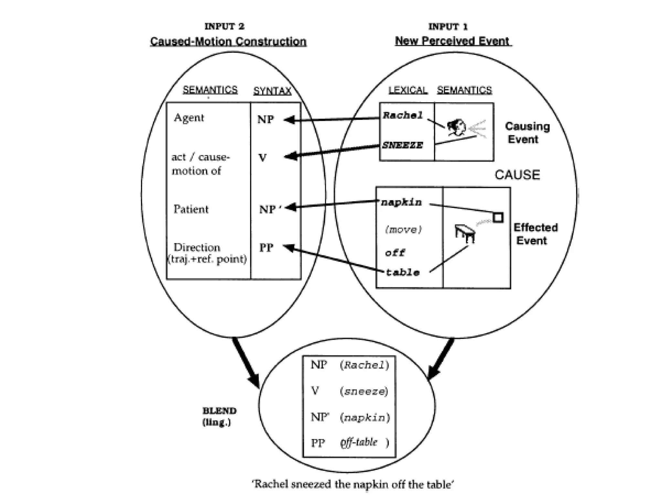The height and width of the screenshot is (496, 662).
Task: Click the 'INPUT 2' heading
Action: point(224,26)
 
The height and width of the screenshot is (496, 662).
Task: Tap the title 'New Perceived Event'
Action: point(452,41)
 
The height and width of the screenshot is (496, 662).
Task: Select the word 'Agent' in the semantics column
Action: point(189,118)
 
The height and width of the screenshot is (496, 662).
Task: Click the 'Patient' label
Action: point(191,209)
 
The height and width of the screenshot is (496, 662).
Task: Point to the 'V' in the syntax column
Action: point(262,158)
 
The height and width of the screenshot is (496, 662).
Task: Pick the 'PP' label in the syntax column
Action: point(266,248)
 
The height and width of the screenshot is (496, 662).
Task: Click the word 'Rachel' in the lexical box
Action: point(403,115)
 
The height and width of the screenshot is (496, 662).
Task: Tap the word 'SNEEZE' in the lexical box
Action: point(402,145)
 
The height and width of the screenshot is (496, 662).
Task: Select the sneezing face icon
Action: point(456,128)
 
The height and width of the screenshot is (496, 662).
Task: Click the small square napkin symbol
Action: point(498,217)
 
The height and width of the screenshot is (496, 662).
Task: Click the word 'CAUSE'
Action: point(517,175)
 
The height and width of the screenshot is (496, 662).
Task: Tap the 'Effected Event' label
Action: point(535,234)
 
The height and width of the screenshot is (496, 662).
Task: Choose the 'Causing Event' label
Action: point(527,133)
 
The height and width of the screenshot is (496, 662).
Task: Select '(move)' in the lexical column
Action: point(403,230)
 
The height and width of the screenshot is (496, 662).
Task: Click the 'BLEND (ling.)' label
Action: point(219,416)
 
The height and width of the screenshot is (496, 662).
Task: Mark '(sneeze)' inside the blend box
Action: point(364,391)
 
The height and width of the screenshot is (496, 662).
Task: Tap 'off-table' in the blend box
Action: point(359,442)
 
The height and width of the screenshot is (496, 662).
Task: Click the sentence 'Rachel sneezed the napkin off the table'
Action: point(353,484)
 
